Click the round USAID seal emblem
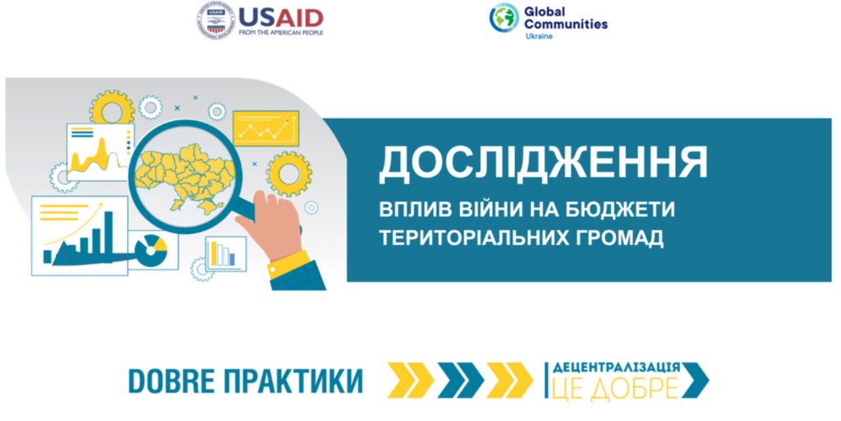[x=216, y=21]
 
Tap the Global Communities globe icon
[x=503, y=17]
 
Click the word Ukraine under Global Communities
[x=538, y=36]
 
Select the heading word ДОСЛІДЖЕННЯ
[x=543, y=164]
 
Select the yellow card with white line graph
[x=265, y=128]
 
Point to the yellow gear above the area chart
[x=112, y=111]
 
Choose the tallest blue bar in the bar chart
[x=108, y=237]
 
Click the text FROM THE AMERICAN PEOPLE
[x=281, y=32]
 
